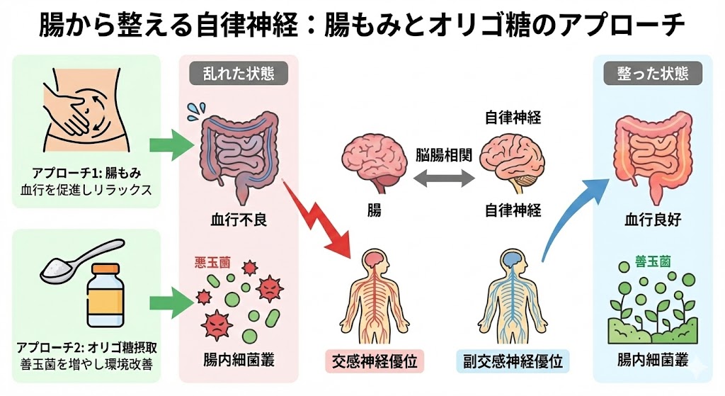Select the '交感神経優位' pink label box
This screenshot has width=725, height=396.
pyautogui.click(x=374, y=361)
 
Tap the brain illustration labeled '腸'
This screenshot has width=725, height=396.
pyautogui.click(x=373, y=160)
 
